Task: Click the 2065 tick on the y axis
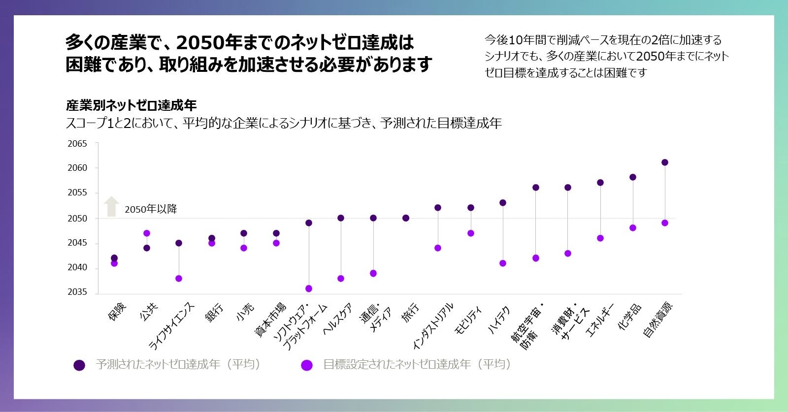[x=77, y=144]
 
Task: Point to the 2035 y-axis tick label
[x=77, y=292]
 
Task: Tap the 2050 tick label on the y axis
[x=77, y=219]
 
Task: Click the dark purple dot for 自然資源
[x=665, y=162]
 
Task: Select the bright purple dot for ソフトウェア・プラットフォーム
[x=309, y=288]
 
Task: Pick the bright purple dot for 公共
[x=147, y=233]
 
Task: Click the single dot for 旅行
[x=406, y=218]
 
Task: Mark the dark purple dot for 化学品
[x=633, y=177]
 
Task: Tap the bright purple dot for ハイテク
[x=503, y=263]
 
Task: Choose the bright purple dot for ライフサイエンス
[x=179, y=279]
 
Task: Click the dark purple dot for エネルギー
[x=600, y=183]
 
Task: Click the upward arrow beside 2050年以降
[x=112, y=206]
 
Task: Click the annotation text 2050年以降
[x=151, y=209]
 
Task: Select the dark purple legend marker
[x=79, y=365]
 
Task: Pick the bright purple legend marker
[x=307, y=365]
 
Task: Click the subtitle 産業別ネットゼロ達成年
[x=131, y=105]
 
